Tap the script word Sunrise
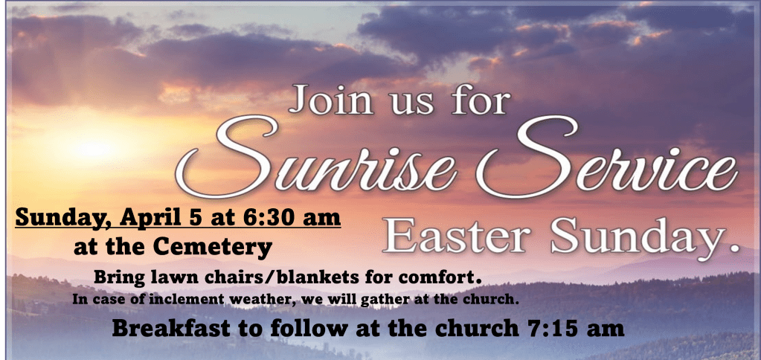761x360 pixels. click(315, 158)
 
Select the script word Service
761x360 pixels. click(607, 158)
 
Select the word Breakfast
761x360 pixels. click(171, 328)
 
